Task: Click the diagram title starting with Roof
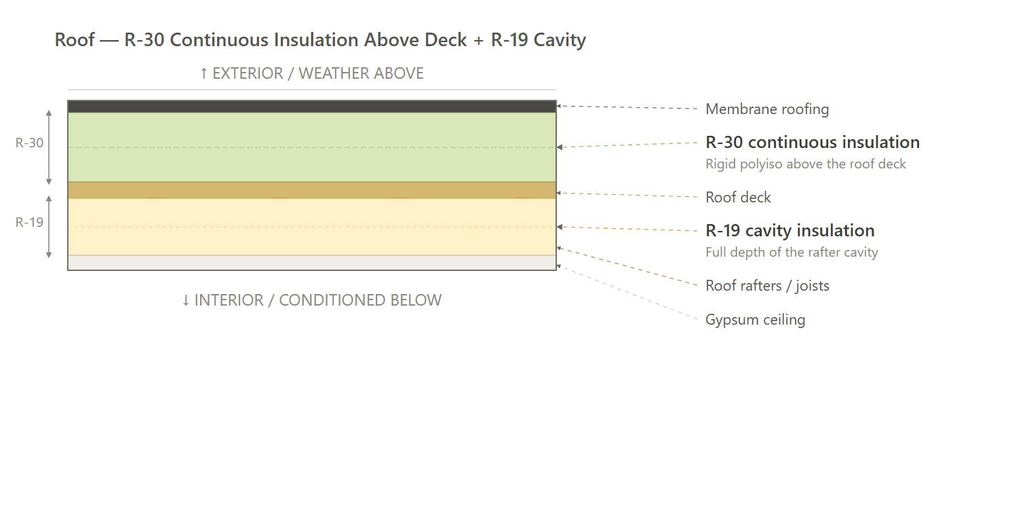click(x=320, y=40)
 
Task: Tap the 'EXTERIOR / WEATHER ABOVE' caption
click(x=311, y=73)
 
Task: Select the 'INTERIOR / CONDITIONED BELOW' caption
click(x=311, y=300)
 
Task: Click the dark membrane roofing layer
click(x=312, y=107)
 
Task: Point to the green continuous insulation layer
click(x=312, y=147)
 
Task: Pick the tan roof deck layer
click(x=312, y=189)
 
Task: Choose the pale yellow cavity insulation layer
click(x=312, y=226)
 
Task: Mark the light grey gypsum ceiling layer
click(x=312, y=262)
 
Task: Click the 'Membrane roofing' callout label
click(x=766, y=109)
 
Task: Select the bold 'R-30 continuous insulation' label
click(x=813, y=143)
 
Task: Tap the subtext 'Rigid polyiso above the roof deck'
click(x=806, y=164)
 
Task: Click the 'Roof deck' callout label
click(x=738, y=197)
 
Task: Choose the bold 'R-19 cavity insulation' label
click(x=790, y=230)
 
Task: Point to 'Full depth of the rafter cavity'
click(x=792, y=252)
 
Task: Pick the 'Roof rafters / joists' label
click(x=767, y=286)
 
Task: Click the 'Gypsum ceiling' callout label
click(x=756, y=320)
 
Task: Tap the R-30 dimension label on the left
click(x=29, y=143)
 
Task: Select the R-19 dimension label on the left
click(x=29, y=222)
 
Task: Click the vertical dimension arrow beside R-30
click(x=50, y=147)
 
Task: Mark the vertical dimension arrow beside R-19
click(x=50, y=227)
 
